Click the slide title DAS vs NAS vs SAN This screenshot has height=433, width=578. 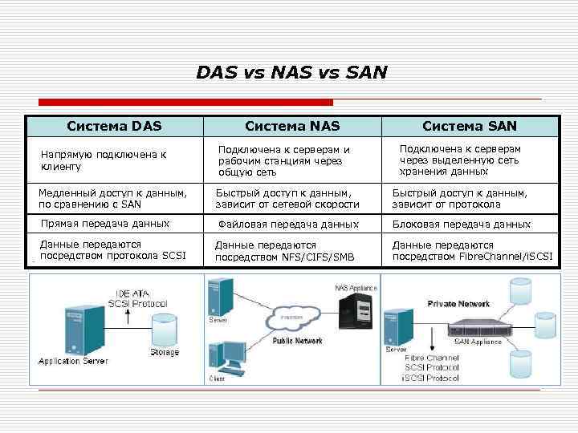click(x=291, y=73)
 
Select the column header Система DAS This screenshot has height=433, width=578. click(x=114, y=126)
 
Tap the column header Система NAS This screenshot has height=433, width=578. click(x=292, y=126)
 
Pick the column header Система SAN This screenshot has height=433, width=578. click(x=470, y=126)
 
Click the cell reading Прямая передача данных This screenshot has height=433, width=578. click(x=105, y=224)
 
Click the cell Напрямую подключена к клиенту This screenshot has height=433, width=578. click(x=104, y=160)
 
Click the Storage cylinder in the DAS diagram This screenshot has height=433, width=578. click(x=163, y=331)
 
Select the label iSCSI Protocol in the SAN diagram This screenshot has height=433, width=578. click(x=432, y=377)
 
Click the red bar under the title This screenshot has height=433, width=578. click(x=185, y=102)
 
